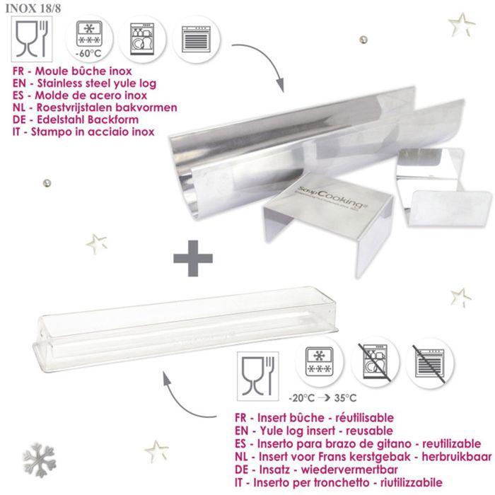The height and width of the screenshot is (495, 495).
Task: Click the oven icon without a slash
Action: pos(194,37)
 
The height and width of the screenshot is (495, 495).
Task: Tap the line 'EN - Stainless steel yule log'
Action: pos(89,83)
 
